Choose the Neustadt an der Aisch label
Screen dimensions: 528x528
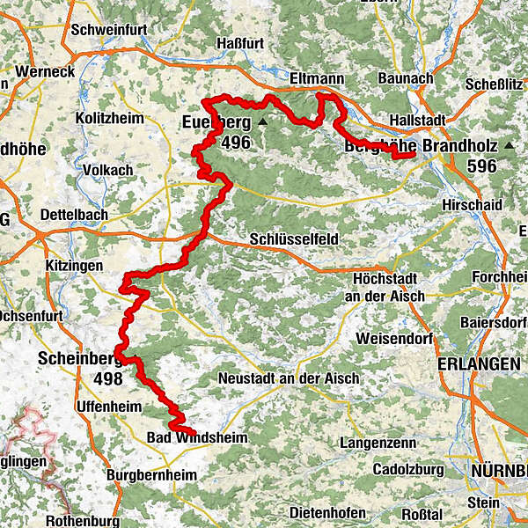tap(289, 378)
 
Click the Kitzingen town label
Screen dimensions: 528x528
tap(73, 265)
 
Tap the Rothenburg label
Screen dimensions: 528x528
tap(82, 520)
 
